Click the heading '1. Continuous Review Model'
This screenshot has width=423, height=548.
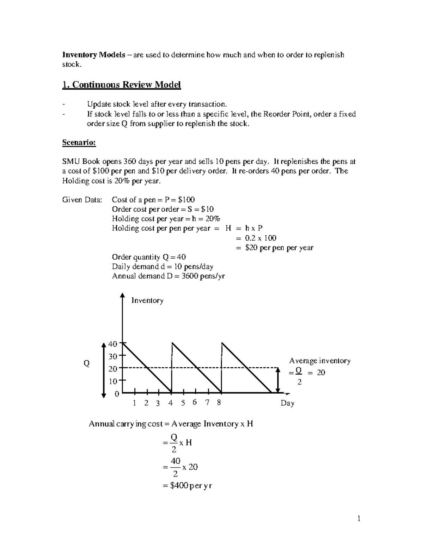(121, 85)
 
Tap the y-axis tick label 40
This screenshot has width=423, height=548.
(112, 344)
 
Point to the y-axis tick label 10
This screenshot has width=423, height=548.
(112, 381)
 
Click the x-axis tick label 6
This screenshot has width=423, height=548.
(195, 402)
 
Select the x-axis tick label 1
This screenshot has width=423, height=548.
(134, 403)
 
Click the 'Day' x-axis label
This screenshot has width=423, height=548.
(287, 403)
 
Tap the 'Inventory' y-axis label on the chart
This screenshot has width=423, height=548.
(147, 301)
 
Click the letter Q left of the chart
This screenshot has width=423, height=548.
(86, 363)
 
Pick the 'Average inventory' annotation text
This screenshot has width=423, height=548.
(320, 361)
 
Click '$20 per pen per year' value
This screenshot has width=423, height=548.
(279, 248)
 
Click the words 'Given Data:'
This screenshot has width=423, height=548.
(82, 200)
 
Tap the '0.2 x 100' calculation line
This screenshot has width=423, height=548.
(260, 238)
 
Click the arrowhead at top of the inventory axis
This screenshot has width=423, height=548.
(122, 295)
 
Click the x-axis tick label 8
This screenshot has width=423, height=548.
(219, 403)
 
